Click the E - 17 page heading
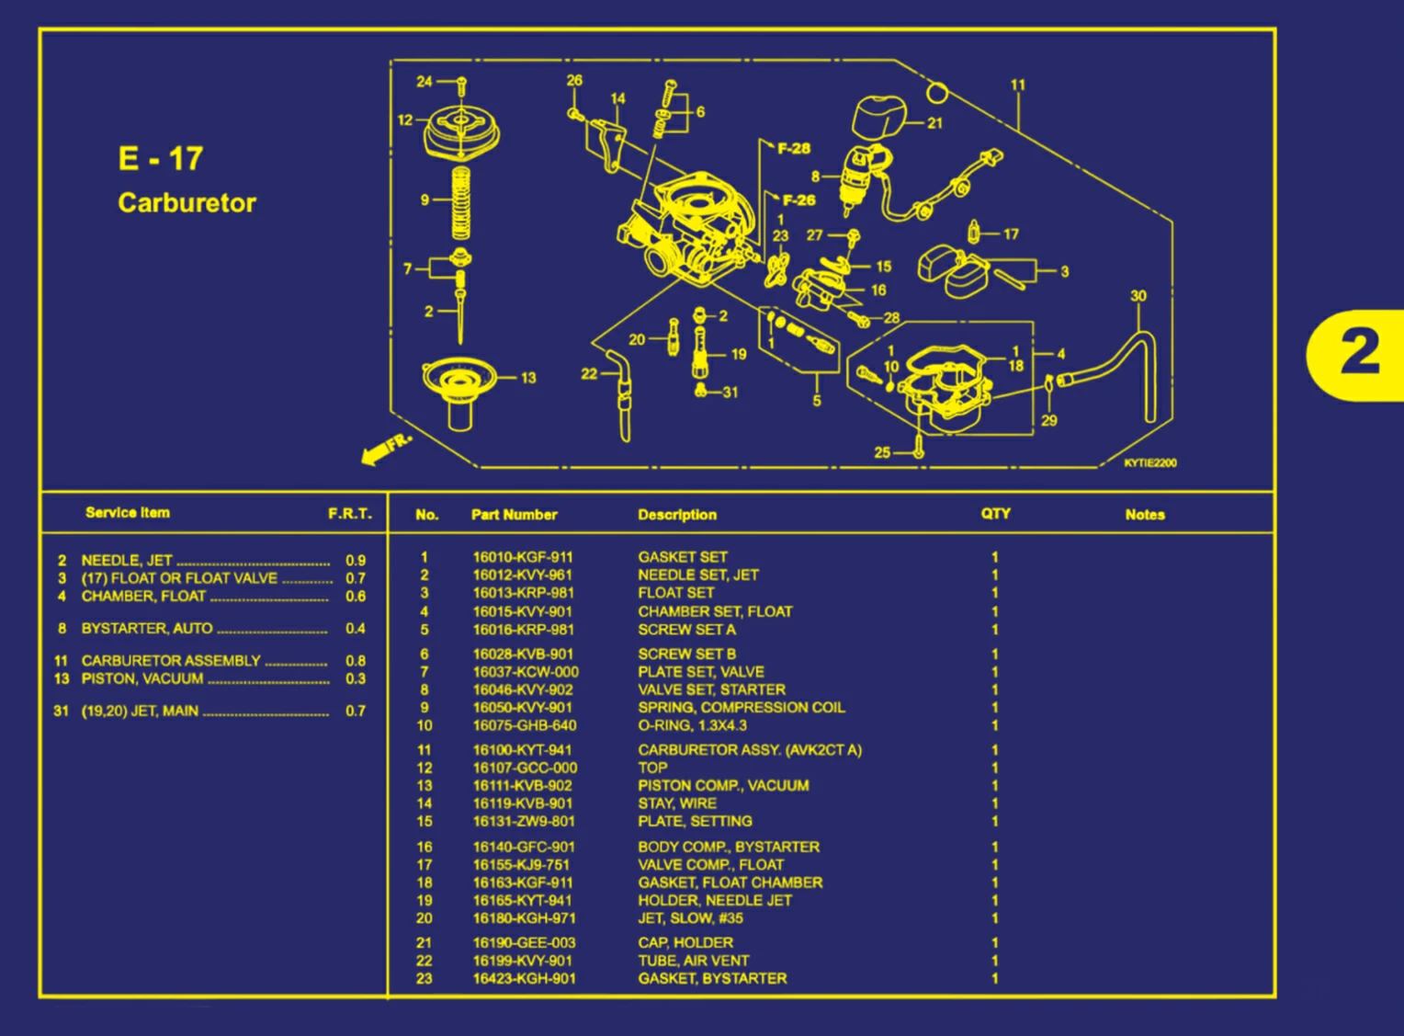coord(160,159)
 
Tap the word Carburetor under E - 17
coord(187,203)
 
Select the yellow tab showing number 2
coord(1358,355)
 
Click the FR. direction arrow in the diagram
coord(385,448)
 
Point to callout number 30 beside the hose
coord(1138,296)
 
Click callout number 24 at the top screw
coord(424,82)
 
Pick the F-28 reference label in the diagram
coord(794,148)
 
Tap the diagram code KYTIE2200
coord(1149,463)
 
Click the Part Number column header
coord(514,515)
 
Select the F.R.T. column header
coord(350,514)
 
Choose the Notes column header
coord(1145,515)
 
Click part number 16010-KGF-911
coord(522,557)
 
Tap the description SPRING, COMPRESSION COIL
coord(741,708)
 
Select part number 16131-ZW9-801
coord(523,822)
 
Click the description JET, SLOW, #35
coord(690,918)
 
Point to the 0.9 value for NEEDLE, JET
coord(356,561)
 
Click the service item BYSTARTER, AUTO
coord(147,629)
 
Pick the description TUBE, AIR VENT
coord(693,961)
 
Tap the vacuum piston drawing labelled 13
coord(459,391)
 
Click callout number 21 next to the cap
coord(934,123)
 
